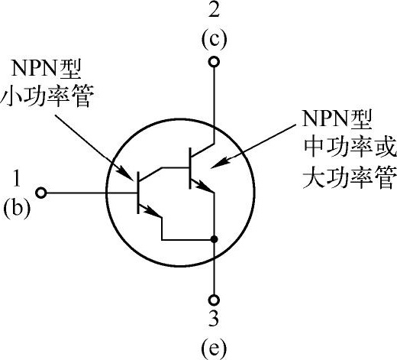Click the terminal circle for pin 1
pyautogui.click(x=41, y=193)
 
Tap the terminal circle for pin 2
pyautogui.click(x=214, y=62)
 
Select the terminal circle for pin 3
pyautogui.click(x=214, y=300)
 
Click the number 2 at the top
pyautogui.click(x=214, y=11)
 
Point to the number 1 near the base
pyautogui.click(x=17, y=179)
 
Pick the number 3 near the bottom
pyautogui.click(x=214, y=319)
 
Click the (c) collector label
pyautogui.click(x=214, y=40)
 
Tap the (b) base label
pyautogui.click(x=17, y=208)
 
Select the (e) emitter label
pyautogui.click(x=214, y=348)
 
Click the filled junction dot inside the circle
pyautogui.click(x=215, y=239)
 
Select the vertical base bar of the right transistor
pyautogui.click(x=190, y=168)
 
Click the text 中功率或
pyautogui.click(x=350, y=148)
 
